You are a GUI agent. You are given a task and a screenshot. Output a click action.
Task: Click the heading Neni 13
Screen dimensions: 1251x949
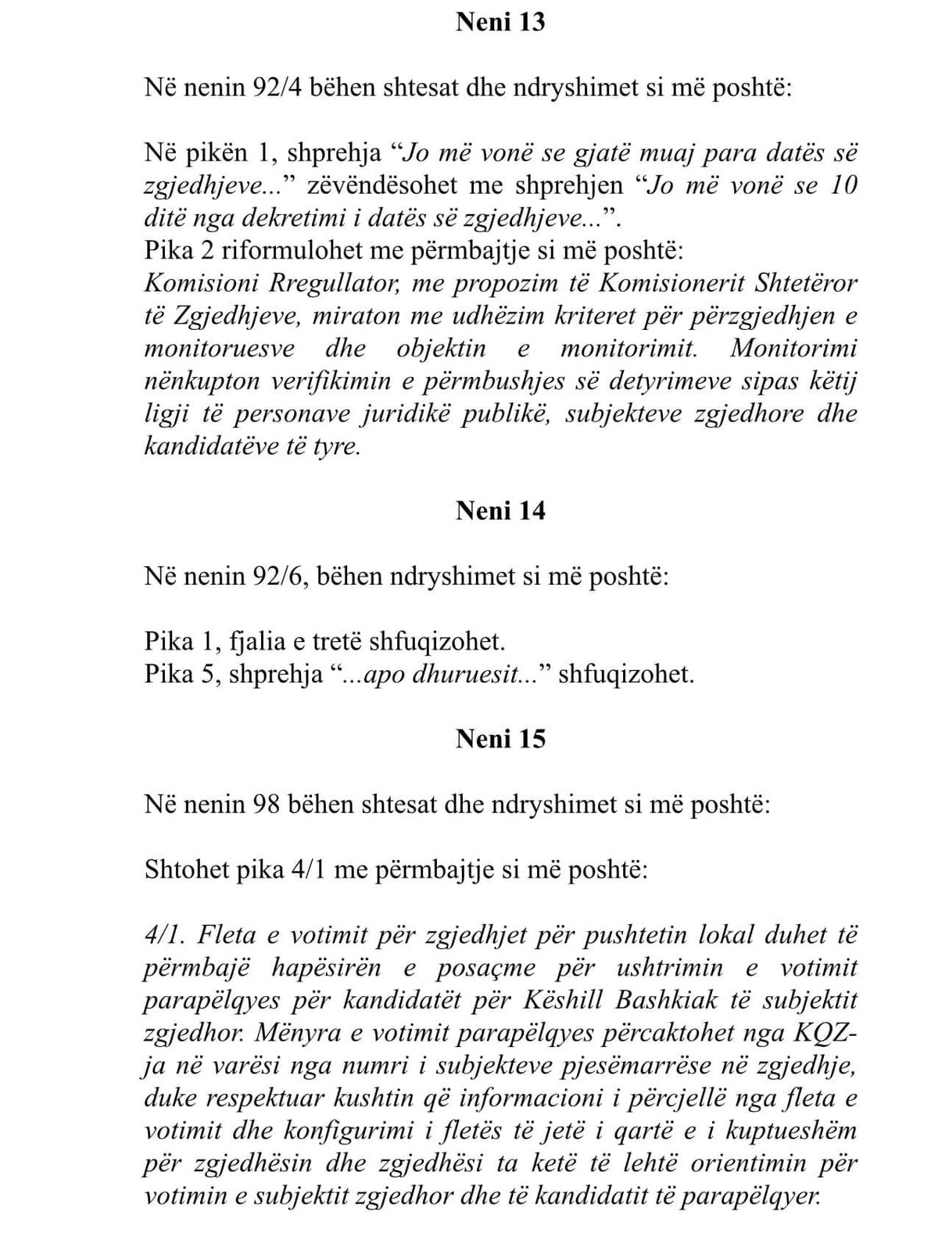point(500,22)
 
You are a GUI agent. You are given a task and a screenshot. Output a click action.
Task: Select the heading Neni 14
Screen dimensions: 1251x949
point(500,511)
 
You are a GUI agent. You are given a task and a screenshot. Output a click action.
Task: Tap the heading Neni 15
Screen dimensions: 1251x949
point(500,739)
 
